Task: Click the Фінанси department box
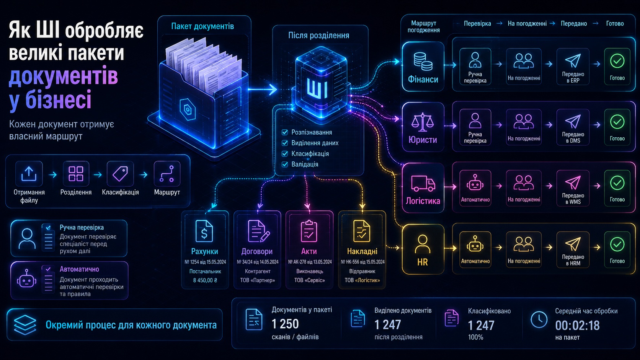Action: [423, 67]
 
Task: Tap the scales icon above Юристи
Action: [422, 122]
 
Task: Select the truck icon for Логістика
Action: [423, 183]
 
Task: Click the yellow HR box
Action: [423, 249]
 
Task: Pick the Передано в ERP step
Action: [573, 67]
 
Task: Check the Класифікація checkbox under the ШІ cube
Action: [285, 154]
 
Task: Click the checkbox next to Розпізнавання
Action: [285, 132]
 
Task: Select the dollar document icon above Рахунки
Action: [204, 231]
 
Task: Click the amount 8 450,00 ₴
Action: [205, 280]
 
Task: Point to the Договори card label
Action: [257, 251]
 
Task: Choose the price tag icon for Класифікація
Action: [120, 174]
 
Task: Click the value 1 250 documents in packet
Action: [285, 324]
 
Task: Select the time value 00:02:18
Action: [578, 326]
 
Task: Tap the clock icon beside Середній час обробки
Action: [539, 319]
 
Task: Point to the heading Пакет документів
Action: [202, 26]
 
